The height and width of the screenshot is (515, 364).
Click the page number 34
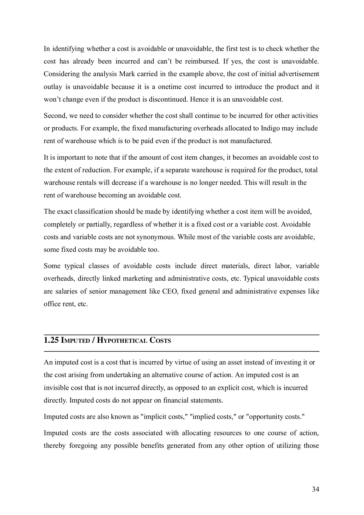pos(315,489)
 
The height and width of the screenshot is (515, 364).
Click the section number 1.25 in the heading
pos(51,340)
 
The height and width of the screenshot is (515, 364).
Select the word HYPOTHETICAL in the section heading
pos(122,340)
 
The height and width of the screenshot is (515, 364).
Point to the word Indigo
pos(270,128)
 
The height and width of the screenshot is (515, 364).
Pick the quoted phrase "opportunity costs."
pos(275,417)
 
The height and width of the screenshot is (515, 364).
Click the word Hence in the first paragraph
pos(197,99)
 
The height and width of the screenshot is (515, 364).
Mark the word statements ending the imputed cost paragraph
pos(207,400)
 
